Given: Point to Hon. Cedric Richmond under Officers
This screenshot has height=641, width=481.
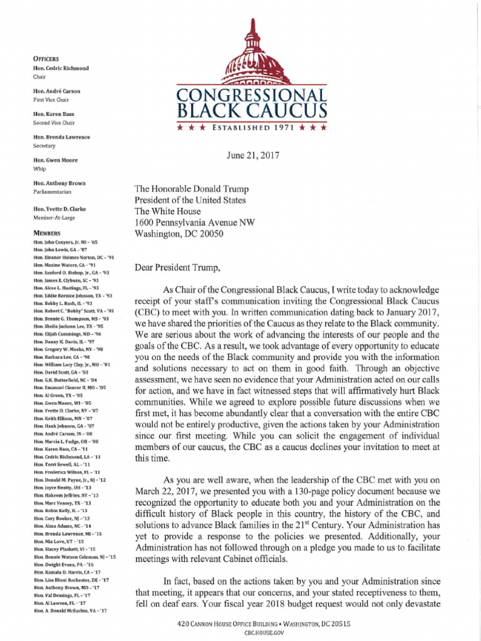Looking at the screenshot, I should [61, 67].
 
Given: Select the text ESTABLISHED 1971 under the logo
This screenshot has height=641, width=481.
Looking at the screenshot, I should [251, 128].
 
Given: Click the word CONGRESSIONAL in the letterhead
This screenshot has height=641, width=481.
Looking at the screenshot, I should [251, 96].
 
